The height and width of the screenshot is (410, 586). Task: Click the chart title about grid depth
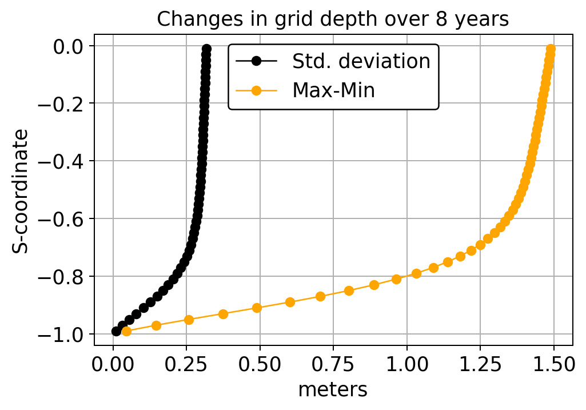point(333,19)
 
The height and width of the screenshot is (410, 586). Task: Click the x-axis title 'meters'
point(333,389)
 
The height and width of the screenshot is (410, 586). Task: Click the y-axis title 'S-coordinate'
point(21,190)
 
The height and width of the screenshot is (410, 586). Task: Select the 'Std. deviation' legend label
point(361,61)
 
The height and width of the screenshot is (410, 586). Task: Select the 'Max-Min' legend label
point(333,90)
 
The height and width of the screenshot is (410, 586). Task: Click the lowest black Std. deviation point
point(117,331)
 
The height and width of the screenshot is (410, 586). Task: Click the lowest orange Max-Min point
point(127,331)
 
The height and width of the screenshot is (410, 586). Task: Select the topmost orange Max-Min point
point(551,49)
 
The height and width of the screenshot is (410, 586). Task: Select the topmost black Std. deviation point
point(207,49)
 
